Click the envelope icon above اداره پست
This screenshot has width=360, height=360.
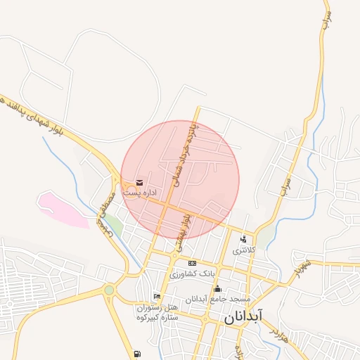point(139,183)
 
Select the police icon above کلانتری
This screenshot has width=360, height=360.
point(243,239)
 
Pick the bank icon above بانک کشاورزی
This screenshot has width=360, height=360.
point(192,263)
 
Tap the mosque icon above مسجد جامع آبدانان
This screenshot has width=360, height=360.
point(217,289)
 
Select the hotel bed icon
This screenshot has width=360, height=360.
point(157,297)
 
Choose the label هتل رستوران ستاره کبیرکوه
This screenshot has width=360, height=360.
point(157,313)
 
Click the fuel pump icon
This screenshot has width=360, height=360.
point(136,353)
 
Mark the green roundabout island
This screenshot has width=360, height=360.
point(109,290)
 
